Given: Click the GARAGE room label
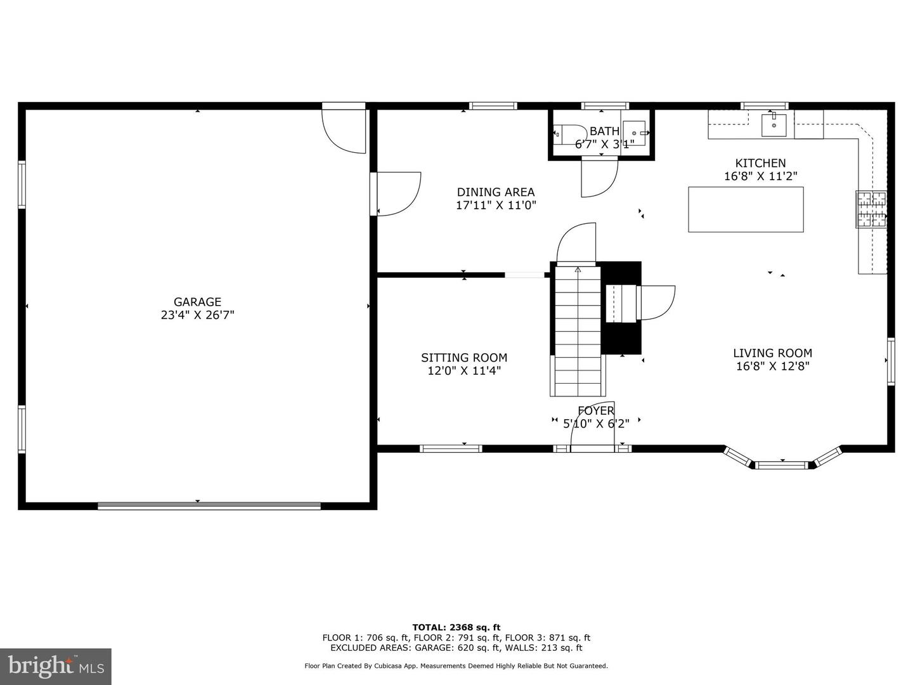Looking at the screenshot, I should pos(197,302).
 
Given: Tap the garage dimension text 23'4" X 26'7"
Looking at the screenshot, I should pos(197,315).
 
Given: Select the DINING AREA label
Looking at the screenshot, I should pos(496,192).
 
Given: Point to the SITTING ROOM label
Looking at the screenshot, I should pos(464,358).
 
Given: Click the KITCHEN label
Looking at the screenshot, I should pos(760,163).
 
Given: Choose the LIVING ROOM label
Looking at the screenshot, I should pos(772,353).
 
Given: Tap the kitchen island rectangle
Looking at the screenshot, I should pos(746,209).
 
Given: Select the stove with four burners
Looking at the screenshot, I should pos(871,209).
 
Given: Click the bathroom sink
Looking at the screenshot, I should pos(634,133).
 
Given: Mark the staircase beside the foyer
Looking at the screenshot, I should pos(578,330).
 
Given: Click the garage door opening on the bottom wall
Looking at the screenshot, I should pos(209,506).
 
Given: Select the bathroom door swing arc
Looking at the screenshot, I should pos(599,178).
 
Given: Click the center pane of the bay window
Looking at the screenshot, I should pos(782,465).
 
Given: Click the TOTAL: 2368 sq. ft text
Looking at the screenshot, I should pos(456,627).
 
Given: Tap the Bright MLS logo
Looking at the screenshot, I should pos(56,666).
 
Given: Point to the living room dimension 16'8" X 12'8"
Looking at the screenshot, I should pos(772,367).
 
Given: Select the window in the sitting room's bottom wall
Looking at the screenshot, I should pos(451,448).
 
